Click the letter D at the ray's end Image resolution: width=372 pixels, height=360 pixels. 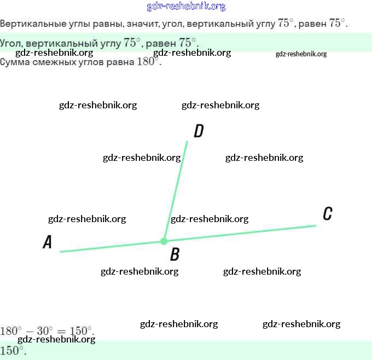tap(199, 131)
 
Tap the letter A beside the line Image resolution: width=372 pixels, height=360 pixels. tap(48, 242)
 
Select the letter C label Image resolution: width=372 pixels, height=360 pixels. tap(327, 213)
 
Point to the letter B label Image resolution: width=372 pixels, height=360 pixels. tap(175, 254)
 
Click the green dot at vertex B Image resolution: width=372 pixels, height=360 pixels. tap(164, 241)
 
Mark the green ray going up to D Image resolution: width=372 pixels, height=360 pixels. tap(176, 189)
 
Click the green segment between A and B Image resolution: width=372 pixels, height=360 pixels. tap(109, 247)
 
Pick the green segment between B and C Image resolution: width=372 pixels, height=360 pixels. tap(241, 233)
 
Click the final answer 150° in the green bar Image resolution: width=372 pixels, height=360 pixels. tap(13, 351)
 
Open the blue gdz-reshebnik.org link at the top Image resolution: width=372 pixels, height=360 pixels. tap(186, 7)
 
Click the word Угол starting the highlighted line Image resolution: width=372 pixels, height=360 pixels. tap(10, 43)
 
